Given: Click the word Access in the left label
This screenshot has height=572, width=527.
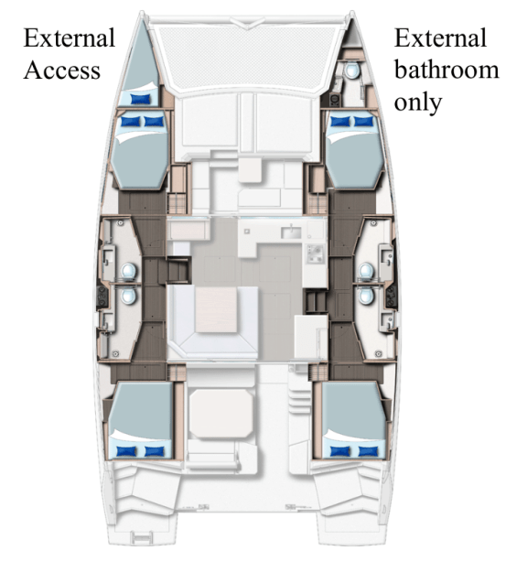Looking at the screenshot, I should tap(61, 70).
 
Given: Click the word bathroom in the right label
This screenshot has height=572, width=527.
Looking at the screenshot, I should tap(446, 70).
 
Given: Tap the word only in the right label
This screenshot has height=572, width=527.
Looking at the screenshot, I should tap(417, 101).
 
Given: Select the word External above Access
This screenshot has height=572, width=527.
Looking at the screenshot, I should tap(69, 38).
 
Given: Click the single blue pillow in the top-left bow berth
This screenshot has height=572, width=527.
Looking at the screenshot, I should tap(141, 97).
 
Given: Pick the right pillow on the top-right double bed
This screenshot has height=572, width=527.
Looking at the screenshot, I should tap(364, 121).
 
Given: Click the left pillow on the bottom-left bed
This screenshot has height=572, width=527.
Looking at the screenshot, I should tap(128, 449).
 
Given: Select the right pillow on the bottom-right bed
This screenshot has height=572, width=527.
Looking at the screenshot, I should tap(367, 449).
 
